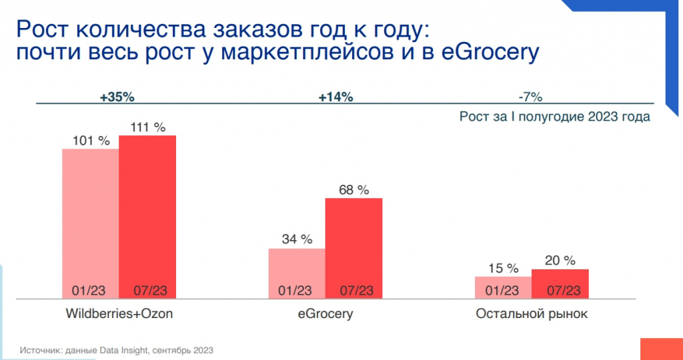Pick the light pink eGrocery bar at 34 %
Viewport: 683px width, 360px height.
point(297,270)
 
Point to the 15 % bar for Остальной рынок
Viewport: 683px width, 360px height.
point(503,285)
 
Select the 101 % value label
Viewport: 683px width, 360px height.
point(91,141)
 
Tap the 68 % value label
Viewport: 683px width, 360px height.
point(354,190)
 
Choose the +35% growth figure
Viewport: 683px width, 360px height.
point(117,97)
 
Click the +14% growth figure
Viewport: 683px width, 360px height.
point(335,97)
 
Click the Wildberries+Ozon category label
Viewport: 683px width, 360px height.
point(119,314)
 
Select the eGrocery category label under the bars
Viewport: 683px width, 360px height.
point(325,314)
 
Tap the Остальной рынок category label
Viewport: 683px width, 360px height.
point(532,314)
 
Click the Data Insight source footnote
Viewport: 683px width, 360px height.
point(117,349)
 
